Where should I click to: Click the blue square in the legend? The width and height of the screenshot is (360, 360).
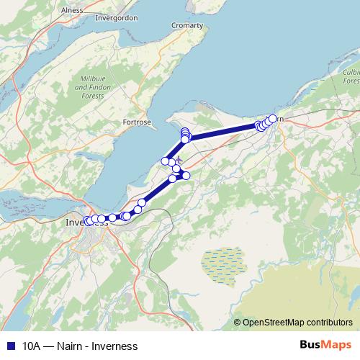tap(10, 346)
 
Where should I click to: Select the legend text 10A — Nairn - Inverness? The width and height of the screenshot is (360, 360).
tap(80, 346)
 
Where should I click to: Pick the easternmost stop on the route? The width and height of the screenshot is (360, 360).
tap(273, 119)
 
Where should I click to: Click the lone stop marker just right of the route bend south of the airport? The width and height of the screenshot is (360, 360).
tap(186, 176)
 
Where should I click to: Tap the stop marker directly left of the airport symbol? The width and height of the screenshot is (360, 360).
tap(166, 161)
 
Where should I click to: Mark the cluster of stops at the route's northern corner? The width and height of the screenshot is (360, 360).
tap(185, 134)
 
